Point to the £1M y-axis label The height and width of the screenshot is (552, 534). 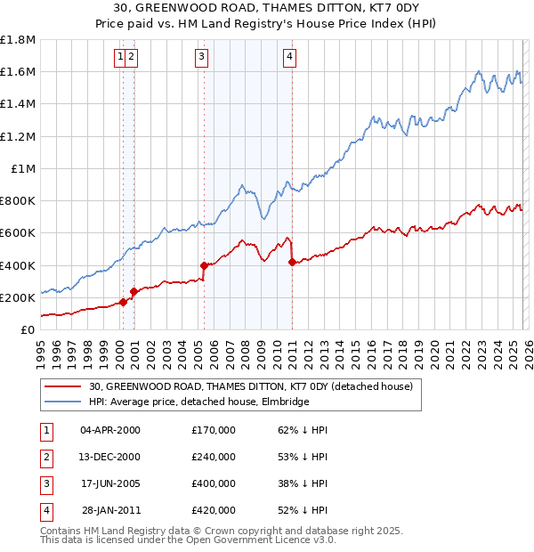[24, 168]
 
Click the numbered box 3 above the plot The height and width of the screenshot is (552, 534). [201, 58]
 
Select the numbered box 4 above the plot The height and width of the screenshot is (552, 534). [289, 58]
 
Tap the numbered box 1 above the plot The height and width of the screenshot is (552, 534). [119, 58]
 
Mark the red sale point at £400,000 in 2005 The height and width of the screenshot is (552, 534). [204, 265]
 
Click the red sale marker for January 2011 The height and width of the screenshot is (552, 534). [292, 262]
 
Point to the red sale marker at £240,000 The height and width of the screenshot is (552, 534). [133, 291]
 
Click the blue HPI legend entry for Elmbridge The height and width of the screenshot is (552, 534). [198, 402]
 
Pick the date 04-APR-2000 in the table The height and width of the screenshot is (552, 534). [110, 430]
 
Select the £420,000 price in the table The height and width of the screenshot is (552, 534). [214, 510]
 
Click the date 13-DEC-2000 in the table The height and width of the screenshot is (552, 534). [110, 457]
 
